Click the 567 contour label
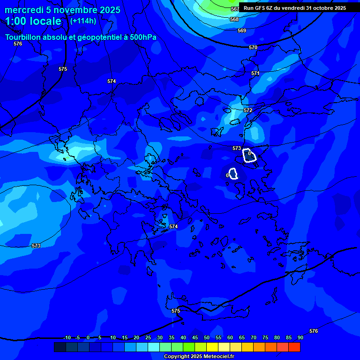tap(235, 9)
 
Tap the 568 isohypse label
tap(234, 19)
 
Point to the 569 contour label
tap(242, 30)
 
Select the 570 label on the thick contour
tap(253, 47)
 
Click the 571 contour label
tap(255, 73)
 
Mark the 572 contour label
tap(248, 110)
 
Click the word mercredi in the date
tap(24, 10)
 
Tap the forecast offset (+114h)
tap(83, 21)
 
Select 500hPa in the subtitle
tap(141, 37)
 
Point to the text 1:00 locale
tap(33, 21)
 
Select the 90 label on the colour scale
tap(300, 337)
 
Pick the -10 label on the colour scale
tap(67, 337)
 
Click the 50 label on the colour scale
tap(207, 337)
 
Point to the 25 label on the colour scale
tap(148, 337)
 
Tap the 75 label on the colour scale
tap(265, 337)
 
